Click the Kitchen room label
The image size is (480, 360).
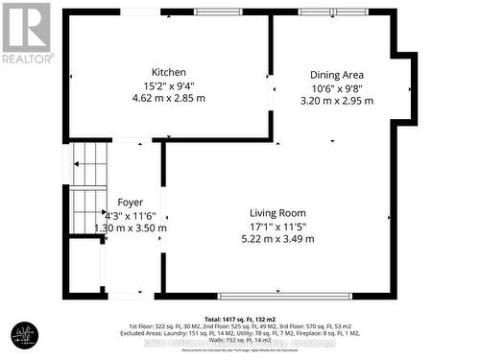168,72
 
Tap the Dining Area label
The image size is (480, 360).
336,75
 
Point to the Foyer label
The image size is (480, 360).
131,202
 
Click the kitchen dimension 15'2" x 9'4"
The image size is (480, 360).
168,84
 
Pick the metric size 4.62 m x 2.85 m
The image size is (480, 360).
168,97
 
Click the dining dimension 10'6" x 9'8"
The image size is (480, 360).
336,87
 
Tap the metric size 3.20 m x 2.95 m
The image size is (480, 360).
336,100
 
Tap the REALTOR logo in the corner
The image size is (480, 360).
26,33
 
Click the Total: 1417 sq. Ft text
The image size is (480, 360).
239,318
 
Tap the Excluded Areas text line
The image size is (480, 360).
239,333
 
